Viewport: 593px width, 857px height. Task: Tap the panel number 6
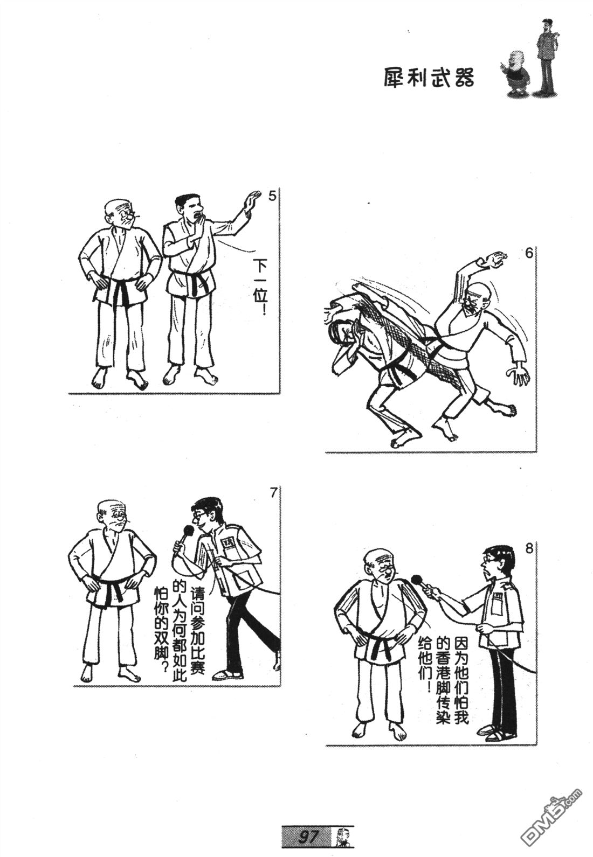pos(529,253)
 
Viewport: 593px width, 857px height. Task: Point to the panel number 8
pos(529,549)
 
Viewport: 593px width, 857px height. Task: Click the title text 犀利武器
pos(429,78)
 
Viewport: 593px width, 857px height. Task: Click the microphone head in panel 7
pos(188,531)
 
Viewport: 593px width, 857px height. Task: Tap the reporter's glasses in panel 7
pos(197,515)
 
